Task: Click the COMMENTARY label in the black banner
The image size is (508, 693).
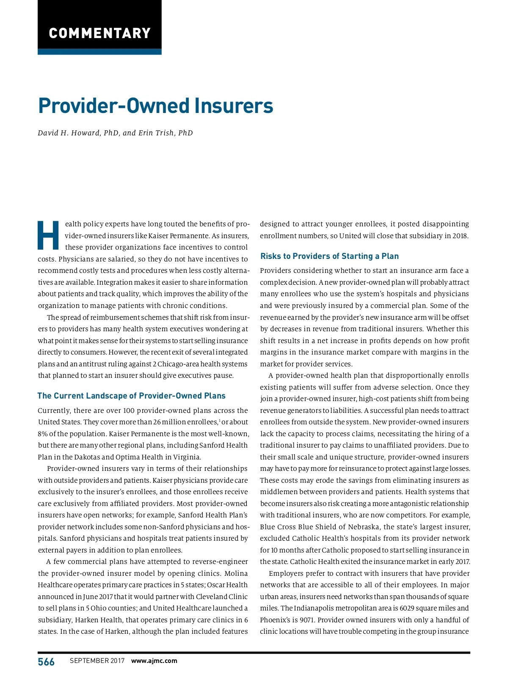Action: pyautogui.click(x=99, y=33)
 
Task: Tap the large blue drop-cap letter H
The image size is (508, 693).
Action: pyautogui.click(x=49, y=235)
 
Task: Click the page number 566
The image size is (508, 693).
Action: pyautogui.click(x=46, y=662)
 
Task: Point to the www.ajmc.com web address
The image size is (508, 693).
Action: pyautogui.click(x=154, y=661)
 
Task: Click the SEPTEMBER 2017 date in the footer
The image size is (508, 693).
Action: pyautogui.click(x=97, y=661)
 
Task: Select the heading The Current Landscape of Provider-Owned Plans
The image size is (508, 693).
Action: pyautogui.click(x=131, y=396)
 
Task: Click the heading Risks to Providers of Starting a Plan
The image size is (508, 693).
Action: pyautogui.click(x=329, y=256)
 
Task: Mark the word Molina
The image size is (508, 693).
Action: pyautogui.click(x=236, y=573)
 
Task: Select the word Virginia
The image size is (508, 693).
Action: pyautogui.click(x=186, y=457)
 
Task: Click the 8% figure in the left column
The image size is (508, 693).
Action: pyautogui.click(x=42, y=434)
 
